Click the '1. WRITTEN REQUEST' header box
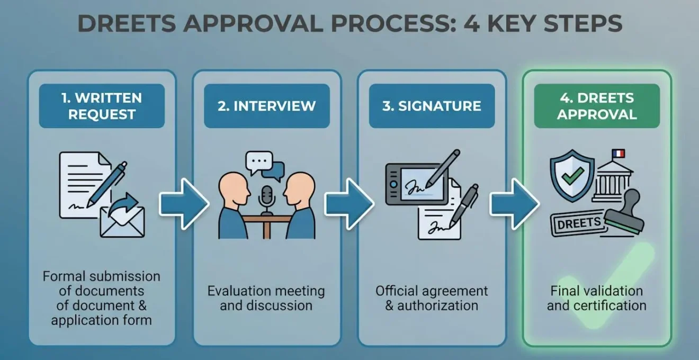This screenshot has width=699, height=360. click(102, 106)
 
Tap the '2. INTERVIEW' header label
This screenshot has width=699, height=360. click(267, 106)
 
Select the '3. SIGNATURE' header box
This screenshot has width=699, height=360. click(432, 106)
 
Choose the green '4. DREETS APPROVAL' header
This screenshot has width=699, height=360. click(597, 106)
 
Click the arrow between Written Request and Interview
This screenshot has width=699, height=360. click(184, 204)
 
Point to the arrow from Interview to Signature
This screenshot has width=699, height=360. click(349, 204)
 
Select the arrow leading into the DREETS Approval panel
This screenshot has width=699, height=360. click(514, 204)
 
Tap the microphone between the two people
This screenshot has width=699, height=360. click(267, 200)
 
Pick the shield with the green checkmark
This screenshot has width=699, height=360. click(572, 175)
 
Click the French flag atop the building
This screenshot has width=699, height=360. click(618, 154)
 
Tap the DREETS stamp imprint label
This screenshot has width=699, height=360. click(579, 223)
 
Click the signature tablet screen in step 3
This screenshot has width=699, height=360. click(422, 185)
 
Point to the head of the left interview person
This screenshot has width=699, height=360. click(235, 189)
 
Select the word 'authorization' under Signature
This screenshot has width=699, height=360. click(437, 305)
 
